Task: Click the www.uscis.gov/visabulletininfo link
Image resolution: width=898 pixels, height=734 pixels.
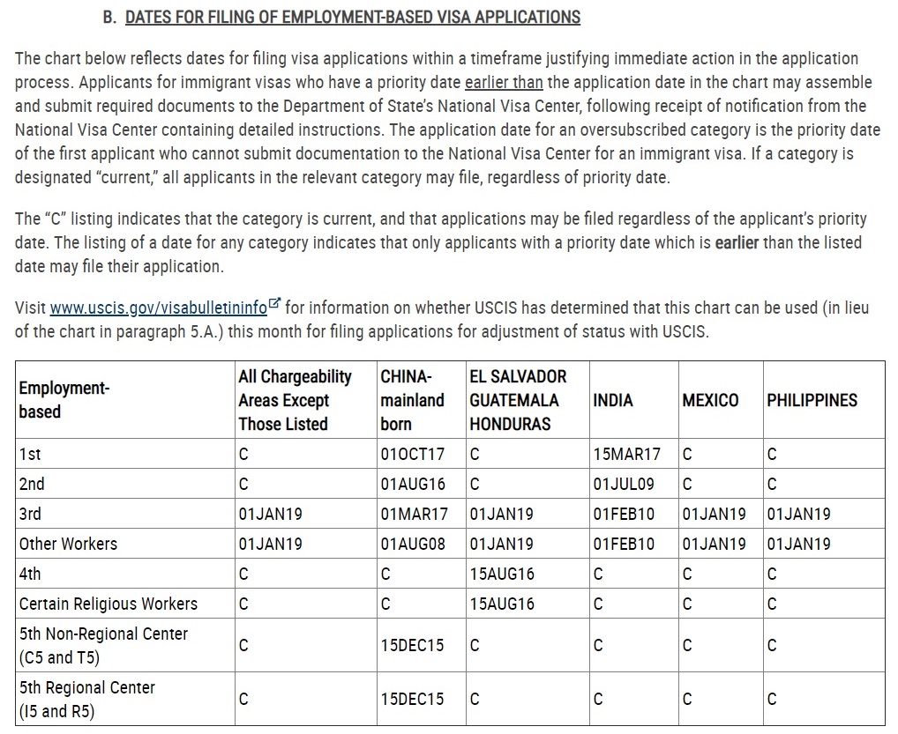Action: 158,308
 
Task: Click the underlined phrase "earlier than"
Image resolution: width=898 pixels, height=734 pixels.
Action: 504,83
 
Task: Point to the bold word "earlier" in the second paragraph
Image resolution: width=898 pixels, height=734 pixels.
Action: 737,242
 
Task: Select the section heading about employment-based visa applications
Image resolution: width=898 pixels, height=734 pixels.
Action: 353,17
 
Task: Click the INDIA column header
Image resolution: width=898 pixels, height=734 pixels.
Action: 613,400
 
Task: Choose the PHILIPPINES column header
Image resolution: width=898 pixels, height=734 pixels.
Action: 812,400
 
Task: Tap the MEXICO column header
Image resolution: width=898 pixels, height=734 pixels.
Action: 710,400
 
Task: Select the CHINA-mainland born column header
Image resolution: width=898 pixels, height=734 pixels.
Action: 412,400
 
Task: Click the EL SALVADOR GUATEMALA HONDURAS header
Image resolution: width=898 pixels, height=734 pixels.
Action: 517,400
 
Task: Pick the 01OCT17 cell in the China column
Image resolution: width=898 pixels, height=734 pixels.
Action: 413,455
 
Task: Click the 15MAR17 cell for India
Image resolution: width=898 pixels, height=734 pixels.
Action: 626,455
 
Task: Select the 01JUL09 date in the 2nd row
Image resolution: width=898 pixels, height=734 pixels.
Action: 624,484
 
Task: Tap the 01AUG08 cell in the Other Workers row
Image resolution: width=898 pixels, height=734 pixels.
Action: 413,544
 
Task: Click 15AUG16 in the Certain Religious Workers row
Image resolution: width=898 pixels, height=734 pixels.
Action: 502,604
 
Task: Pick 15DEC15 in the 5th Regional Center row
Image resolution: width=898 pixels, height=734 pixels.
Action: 412,699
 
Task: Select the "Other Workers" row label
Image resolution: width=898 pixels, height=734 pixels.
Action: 68,544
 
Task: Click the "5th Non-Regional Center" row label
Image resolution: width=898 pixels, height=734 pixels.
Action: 103,634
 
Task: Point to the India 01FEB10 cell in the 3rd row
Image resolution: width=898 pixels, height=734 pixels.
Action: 624,514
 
